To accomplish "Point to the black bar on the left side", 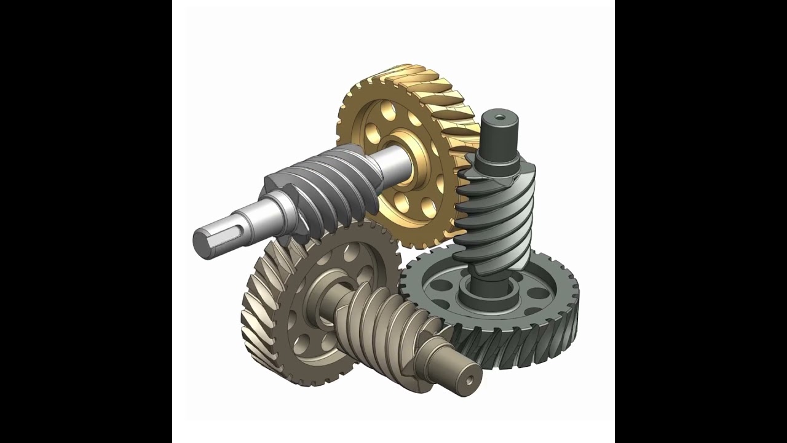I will tap(85, 221).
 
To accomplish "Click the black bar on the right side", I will tap(701, 221).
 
